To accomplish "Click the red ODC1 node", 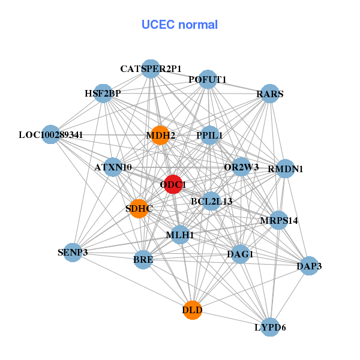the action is pos(173,184).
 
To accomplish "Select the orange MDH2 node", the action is pos(160,135).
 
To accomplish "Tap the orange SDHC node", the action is pos(139,208).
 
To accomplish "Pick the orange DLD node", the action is pos(193,310).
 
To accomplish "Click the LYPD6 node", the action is pos(271,327).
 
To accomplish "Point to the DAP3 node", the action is pos(309,266).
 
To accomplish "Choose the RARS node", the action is pos(270,94).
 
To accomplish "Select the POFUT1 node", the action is pos(208,79).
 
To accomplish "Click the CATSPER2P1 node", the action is pos(151,69).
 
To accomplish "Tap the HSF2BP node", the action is pos(103,94).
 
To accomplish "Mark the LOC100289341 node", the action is pos(51,134).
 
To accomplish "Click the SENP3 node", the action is pos(73,253).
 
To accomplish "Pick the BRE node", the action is pos(143,259).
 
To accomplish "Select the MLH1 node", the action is pos(180,235).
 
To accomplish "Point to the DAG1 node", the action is pos(240,254).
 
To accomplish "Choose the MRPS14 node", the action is pos(278,220).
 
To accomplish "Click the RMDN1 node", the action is pos(285,169).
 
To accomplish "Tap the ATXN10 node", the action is pos(113,167).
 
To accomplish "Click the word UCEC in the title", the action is pos(158,25).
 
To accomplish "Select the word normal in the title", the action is pos(198,25).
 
